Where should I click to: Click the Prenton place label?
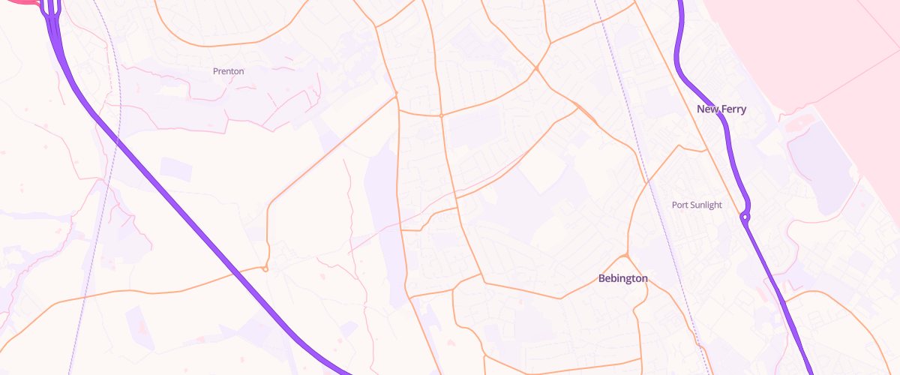228,71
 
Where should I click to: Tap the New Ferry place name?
721,109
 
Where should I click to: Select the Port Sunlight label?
697,205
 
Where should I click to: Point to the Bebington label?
622,278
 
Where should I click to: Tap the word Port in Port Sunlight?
680,205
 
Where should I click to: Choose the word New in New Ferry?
707,109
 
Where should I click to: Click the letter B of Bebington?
601,278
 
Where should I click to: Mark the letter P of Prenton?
216,71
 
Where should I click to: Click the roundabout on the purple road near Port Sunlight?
745,217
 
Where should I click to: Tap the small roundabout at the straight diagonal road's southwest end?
265,269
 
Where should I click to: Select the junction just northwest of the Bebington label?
626,256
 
